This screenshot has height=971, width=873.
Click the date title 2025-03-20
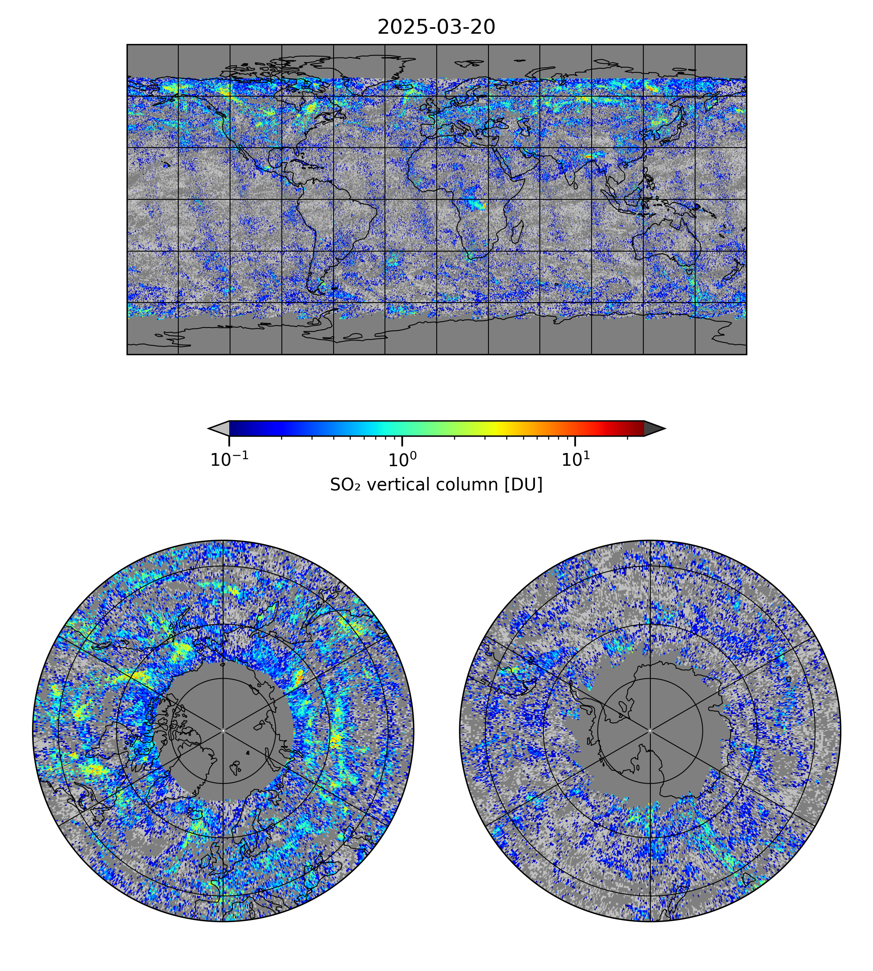click(x=436, y=28)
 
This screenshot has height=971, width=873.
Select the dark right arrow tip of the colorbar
click(x=654, y=428)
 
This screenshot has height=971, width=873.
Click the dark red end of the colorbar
click(x=636, y=428)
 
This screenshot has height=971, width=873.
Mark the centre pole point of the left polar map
click(x=223, y=731)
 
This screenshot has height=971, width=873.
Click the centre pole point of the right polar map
click(x=650, y=731)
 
